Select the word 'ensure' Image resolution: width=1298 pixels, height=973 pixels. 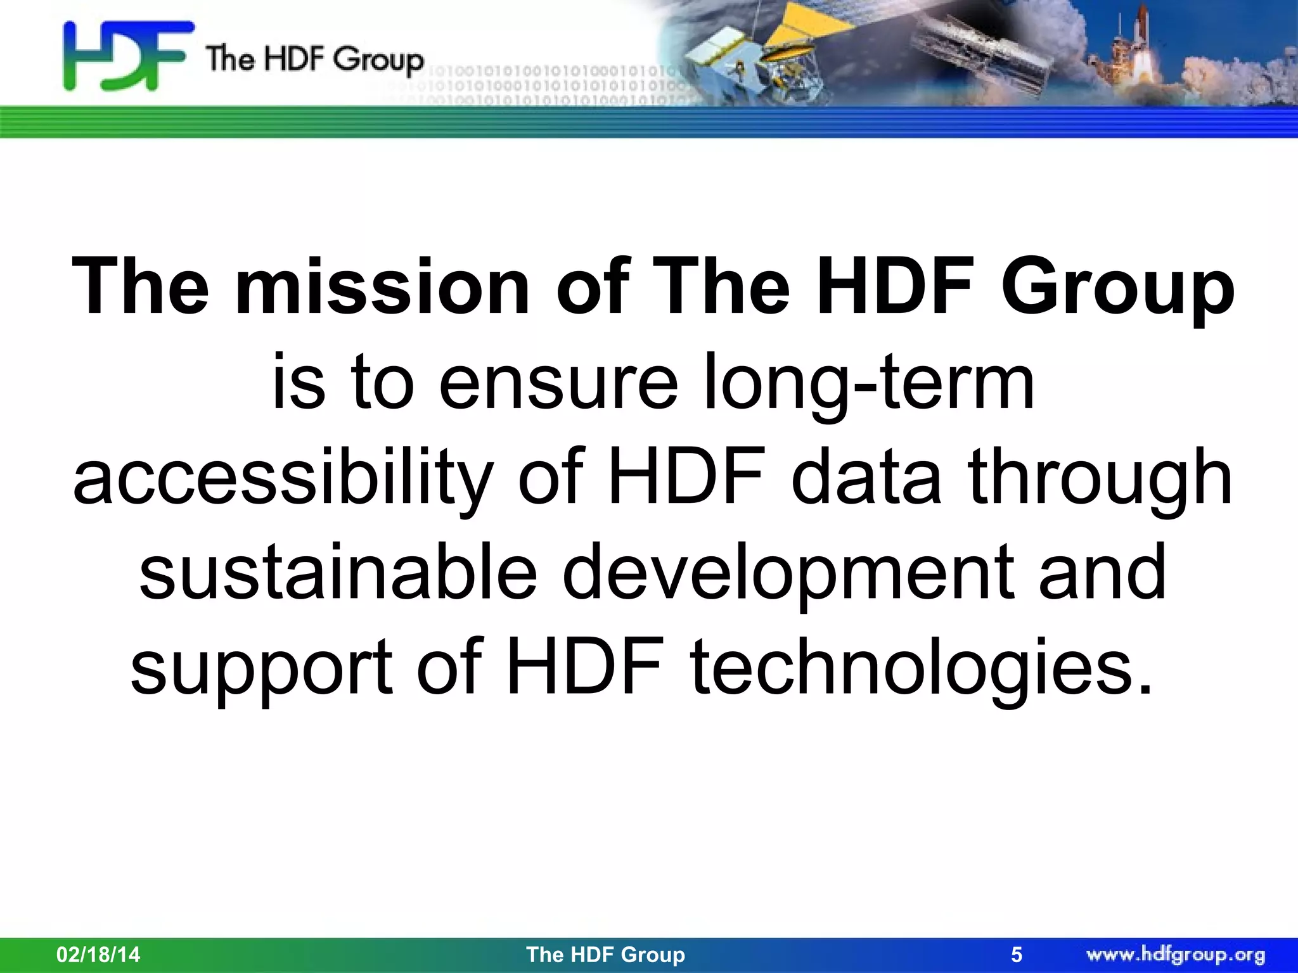[558, 383]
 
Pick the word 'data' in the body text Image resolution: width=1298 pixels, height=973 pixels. [866, 478]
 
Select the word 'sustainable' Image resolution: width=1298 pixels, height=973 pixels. [338, 573]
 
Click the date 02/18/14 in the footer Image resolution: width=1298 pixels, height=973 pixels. [98, 954]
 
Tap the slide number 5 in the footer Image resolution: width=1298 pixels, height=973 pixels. [1017, 954]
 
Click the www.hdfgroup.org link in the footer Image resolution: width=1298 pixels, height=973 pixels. [1176, 954]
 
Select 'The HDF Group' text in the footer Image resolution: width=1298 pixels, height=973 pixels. [605, 954]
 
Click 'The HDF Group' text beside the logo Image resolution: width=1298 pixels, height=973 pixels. [314, 60]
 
